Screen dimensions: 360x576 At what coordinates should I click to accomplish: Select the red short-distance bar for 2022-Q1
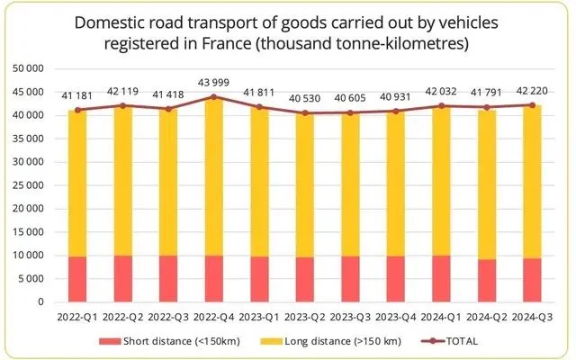click(77, 279)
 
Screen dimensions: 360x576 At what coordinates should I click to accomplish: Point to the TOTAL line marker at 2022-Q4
click(213, 96)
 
